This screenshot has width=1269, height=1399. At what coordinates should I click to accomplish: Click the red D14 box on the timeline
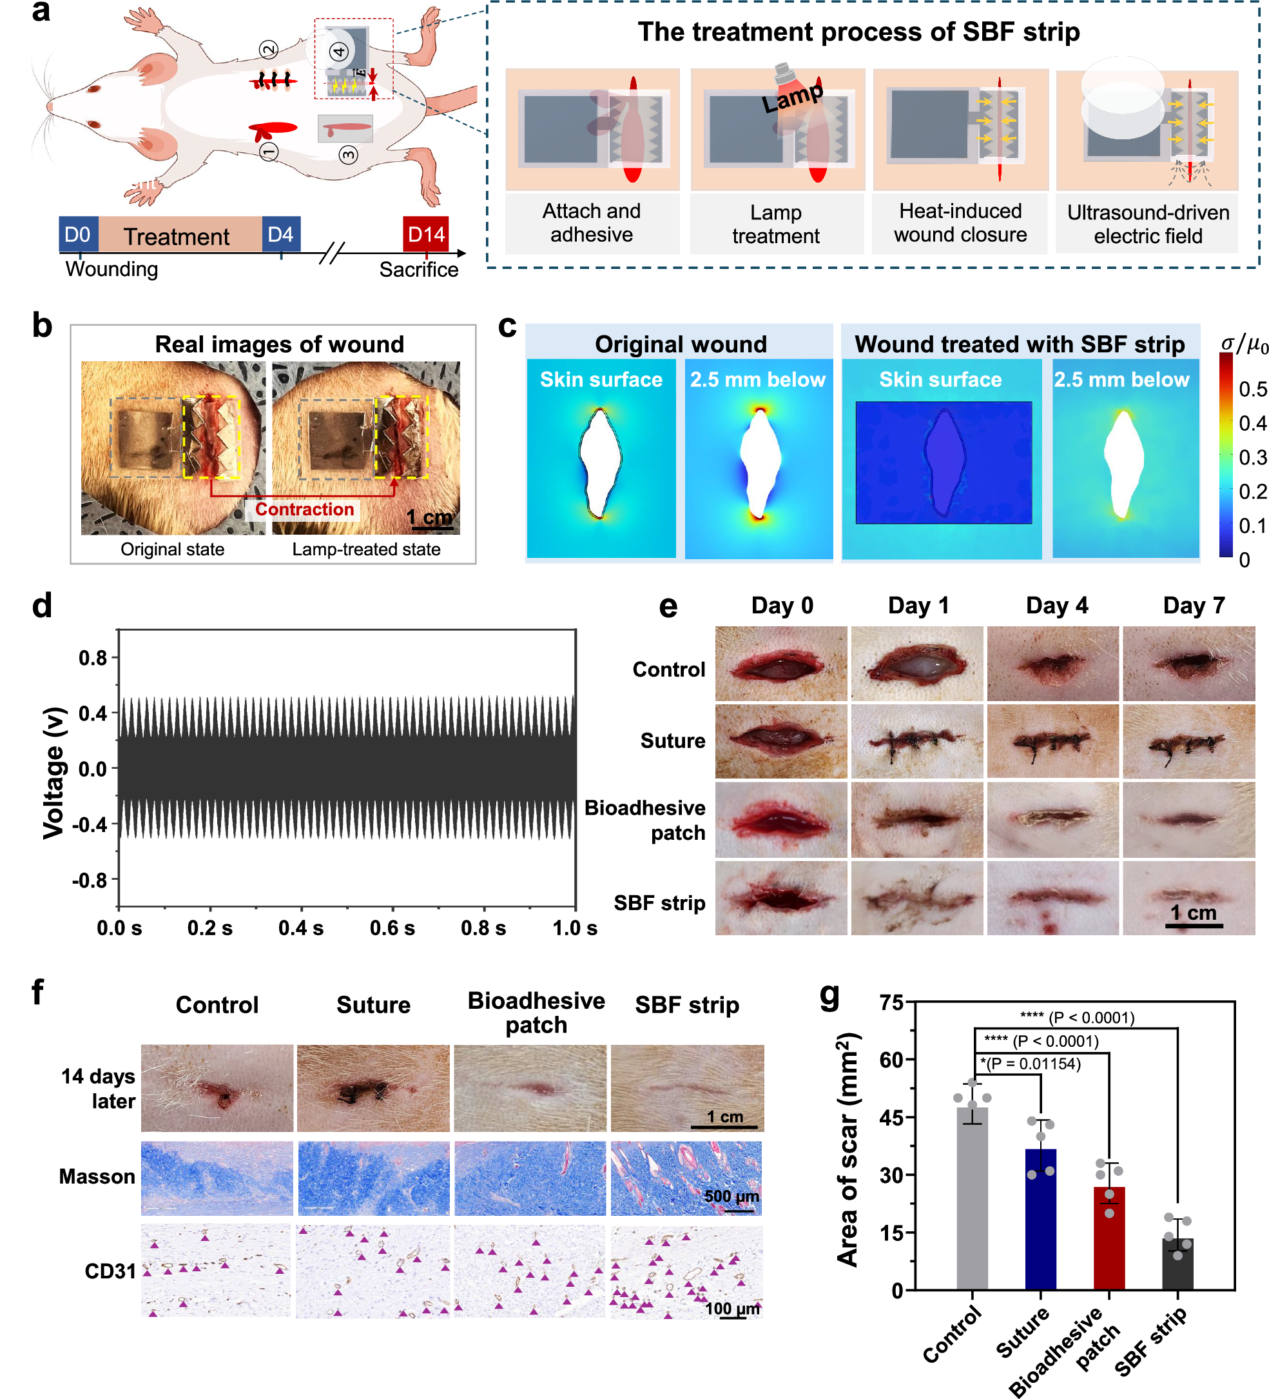(x=425, y=235)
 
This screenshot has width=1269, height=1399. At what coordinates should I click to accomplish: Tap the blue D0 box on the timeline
(x=78, y=235)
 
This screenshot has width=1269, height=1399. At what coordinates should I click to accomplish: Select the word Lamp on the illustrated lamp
(x=792, y=97)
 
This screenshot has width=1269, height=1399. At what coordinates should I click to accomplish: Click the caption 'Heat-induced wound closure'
(x=960, y=223)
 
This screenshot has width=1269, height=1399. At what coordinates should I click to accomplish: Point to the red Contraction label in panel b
(x=304, y=510)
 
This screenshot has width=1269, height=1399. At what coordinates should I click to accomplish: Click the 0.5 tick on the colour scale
(x=1252, y=390)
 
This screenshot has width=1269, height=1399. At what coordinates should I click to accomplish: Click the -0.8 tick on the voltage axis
(x=90, y=880)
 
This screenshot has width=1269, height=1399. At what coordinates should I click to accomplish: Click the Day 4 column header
(x=1056, y=606)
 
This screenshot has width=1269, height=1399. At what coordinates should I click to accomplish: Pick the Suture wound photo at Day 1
(x=916, y=741)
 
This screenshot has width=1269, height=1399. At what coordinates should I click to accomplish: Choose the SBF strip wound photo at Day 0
(x=781, y=898)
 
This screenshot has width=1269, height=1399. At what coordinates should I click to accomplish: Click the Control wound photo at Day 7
(x=1188, y=664)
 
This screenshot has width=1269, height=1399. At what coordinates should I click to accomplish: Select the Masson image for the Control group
(x=217, y=1178)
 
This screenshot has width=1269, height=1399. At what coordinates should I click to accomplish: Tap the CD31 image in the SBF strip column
(x=686, y=1272)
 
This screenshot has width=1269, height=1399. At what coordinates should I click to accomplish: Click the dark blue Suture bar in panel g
(x=1040, y=1222)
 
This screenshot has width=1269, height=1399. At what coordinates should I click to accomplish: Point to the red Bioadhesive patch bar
(x=1109, y=1240)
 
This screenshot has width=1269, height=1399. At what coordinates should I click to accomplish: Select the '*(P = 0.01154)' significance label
(x=1031, y=1064)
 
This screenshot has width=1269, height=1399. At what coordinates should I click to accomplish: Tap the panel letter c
(x=507, y=326)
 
